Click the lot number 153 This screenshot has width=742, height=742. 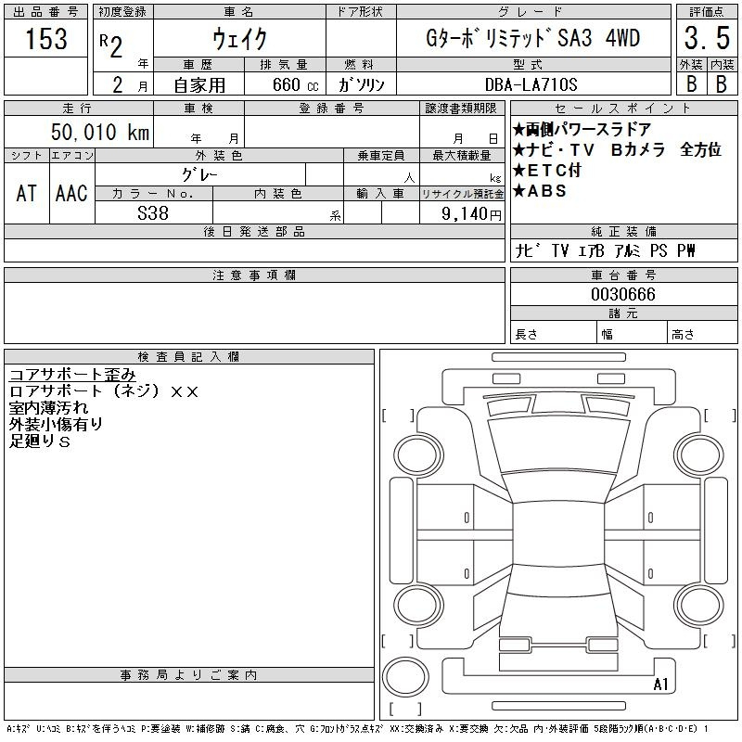click(x=45, y=38)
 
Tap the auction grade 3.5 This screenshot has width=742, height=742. click(x=707, y=38)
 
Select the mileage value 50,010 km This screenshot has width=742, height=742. click(x=100, y=132)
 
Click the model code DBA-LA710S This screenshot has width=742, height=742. click(x=531, y=84)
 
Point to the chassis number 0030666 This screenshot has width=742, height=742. click(x=623, y=294)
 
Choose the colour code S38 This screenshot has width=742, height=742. click(x=153, y=213)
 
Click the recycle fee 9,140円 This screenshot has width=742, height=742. click(x=471, y=214)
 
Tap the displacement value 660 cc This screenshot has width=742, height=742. click(x=295, y=84)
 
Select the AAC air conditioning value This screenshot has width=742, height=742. click(x=71, y=193)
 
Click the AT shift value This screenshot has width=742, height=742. click(x=26, y=193)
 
